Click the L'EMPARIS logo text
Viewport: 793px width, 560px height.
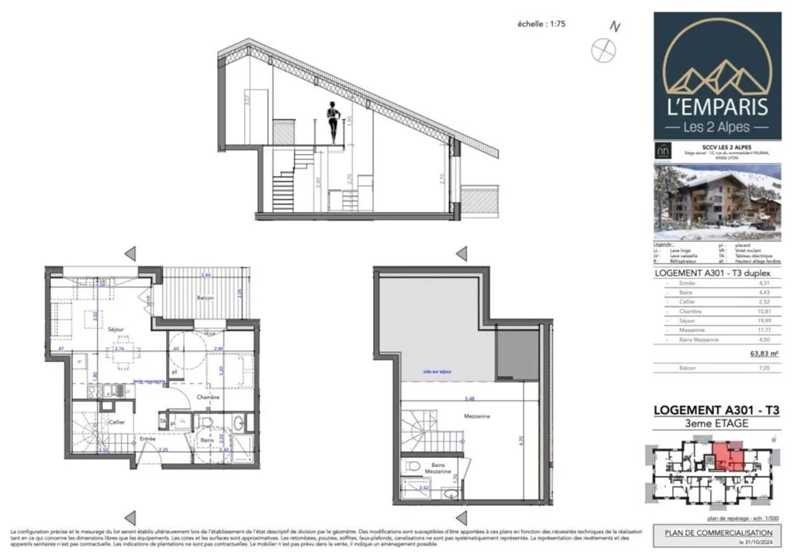[x=717, y=106]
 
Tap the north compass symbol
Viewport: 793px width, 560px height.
[x=602, y=49]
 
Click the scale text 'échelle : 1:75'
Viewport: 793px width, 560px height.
[x=541, y=24]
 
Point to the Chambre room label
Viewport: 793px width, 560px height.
[x=208, y=397]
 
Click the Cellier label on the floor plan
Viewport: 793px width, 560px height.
[x=117, y=422]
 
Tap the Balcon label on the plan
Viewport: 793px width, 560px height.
[x=204, y=297]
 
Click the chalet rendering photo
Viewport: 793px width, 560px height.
[x=716, y=203]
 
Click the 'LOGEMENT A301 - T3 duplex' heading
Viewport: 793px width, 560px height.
[x=707, y=273]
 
